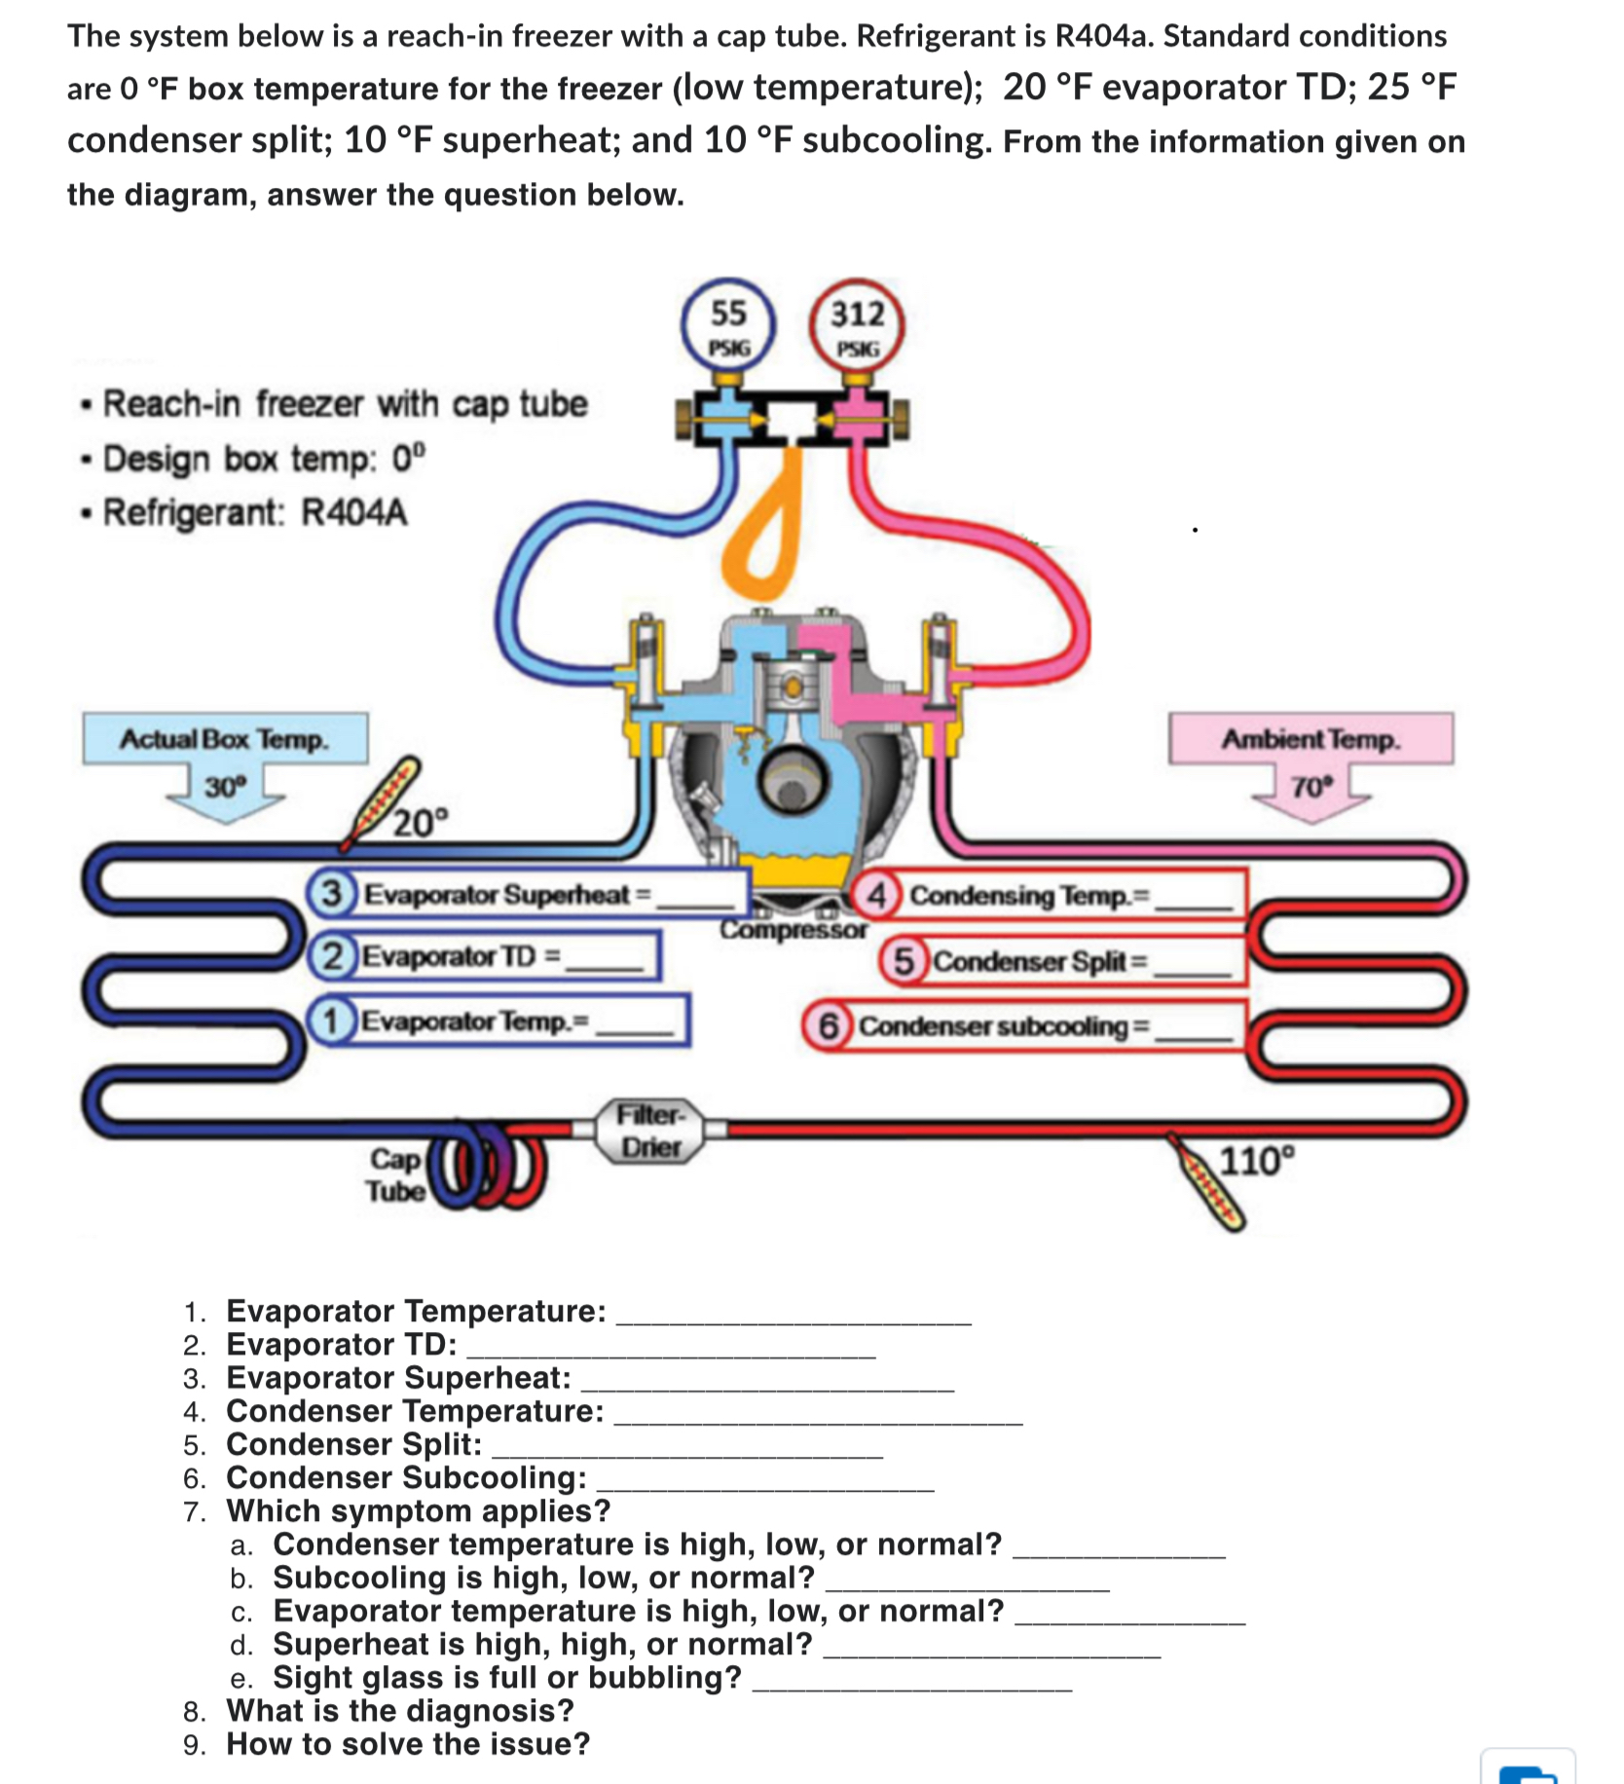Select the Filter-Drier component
click(650, 1130)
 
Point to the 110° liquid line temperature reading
click(1257, 1161)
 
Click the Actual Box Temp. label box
click(225, 739)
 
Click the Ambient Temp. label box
click(1310, 739)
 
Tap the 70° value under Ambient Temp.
click(1310, 787)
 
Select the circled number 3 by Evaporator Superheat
click(332, 893)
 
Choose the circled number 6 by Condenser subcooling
click(828, 1025)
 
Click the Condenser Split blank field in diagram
click(1192, 964)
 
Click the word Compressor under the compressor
click(793, 930)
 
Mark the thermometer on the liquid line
click(1207, 1182)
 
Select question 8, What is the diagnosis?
click(400, 1711)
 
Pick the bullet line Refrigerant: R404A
click(255, 512)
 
